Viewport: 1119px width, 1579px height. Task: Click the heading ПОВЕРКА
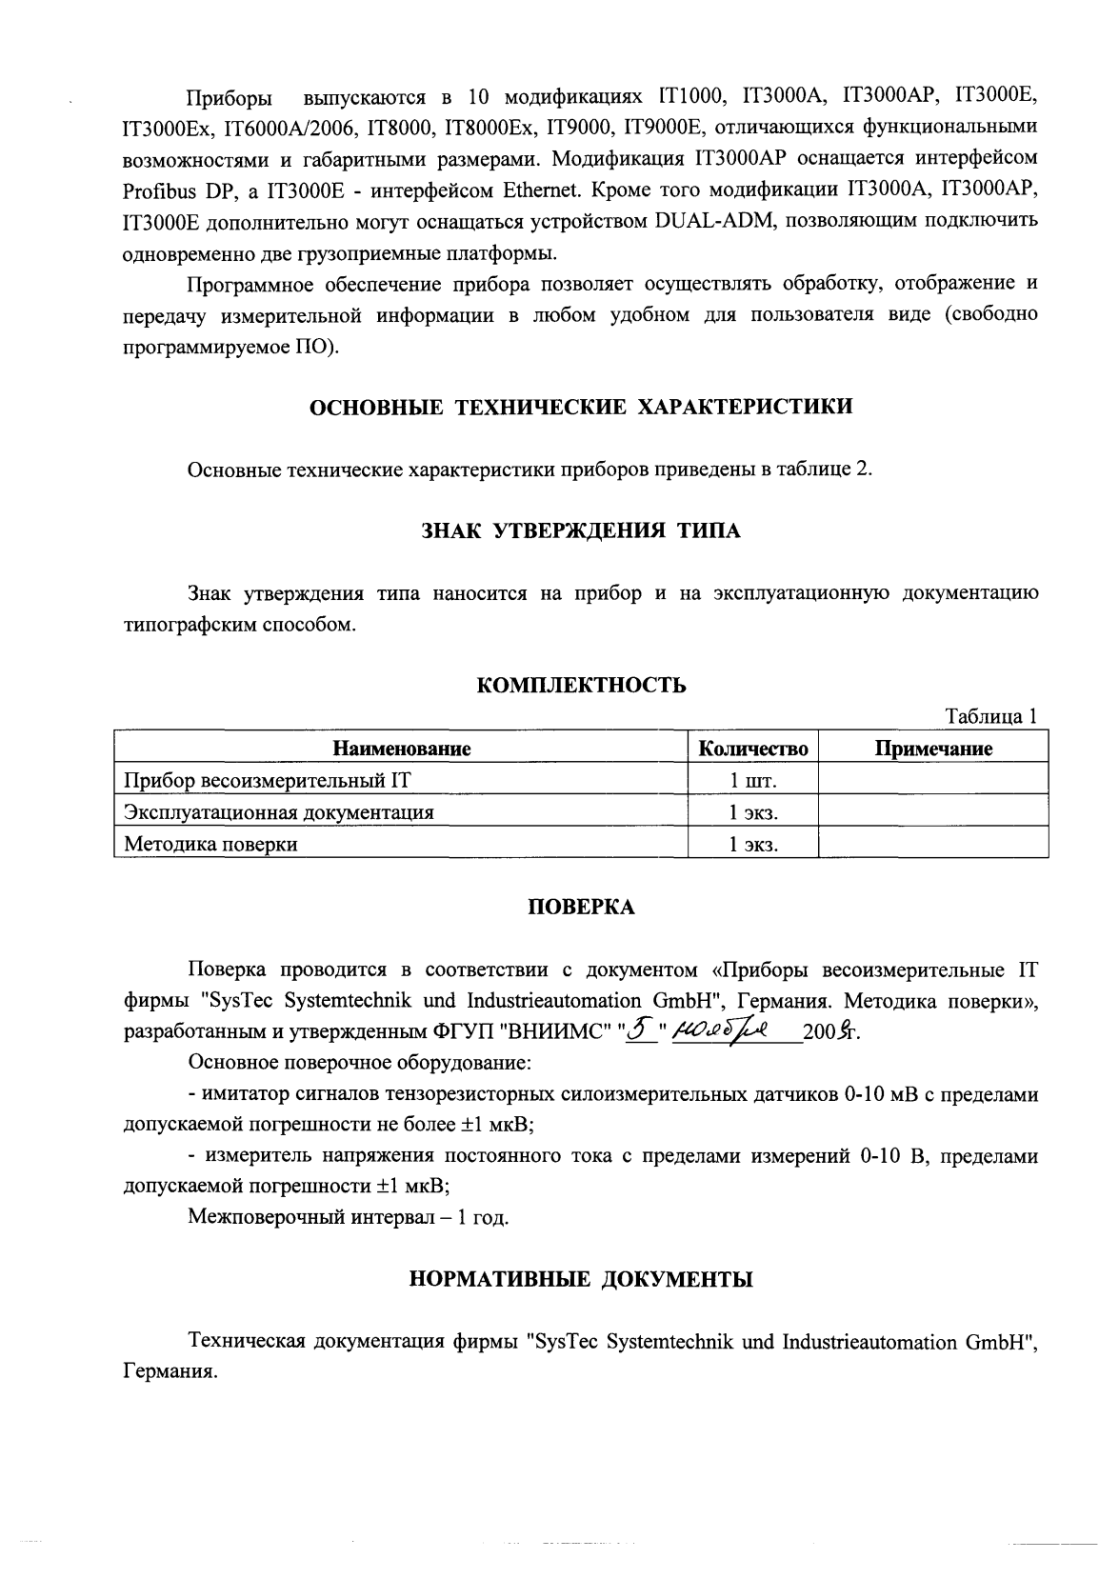tap(581, 908)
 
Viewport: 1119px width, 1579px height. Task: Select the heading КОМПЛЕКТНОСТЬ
tap(581, 686)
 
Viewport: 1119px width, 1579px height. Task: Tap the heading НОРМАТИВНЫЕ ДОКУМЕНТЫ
tap(581, 1279)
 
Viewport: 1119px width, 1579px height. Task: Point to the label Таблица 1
tap(989, 717)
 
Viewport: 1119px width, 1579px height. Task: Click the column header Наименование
tap(401, 750)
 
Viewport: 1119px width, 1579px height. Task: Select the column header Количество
tap(752, 750)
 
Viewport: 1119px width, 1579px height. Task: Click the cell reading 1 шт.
tap(752, 781)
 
